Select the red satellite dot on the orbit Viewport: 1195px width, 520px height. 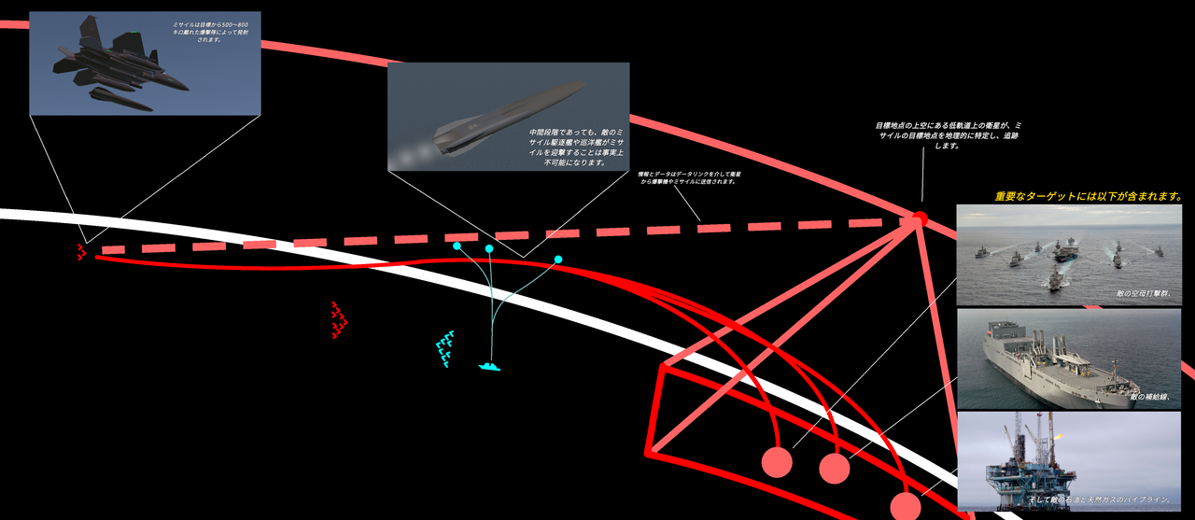tap(919, 219)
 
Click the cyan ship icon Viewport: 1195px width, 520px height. tap(490, 366)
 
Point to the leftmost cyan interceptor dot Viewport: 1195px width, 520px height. tap(457, 246)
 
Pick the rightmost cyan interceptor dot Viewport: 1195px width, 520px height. tap(558, 259)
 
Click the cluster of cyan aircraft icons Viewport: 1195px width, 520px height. tap(445, 348)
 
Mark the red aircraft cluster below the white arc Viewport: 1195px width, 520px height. tap(339, 319)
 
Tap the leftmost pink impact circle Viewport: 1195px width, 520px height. tap(777, 462)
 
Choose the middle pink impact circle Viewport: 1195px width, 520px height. tap(835, 468)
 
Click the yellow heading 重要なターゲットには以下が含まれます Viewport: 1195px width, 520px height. tap(1089, 197)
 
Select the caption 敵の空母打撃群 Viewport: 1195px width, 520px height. tap(1143, 293)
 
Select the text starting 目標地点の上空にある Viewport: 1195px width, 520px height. tap(948, 135)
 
